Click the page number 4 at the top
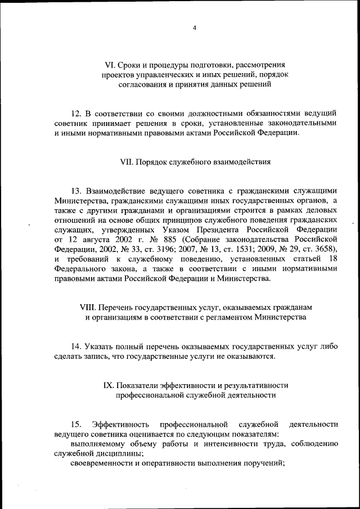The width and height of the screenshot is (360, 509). [x=194, y=28]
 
